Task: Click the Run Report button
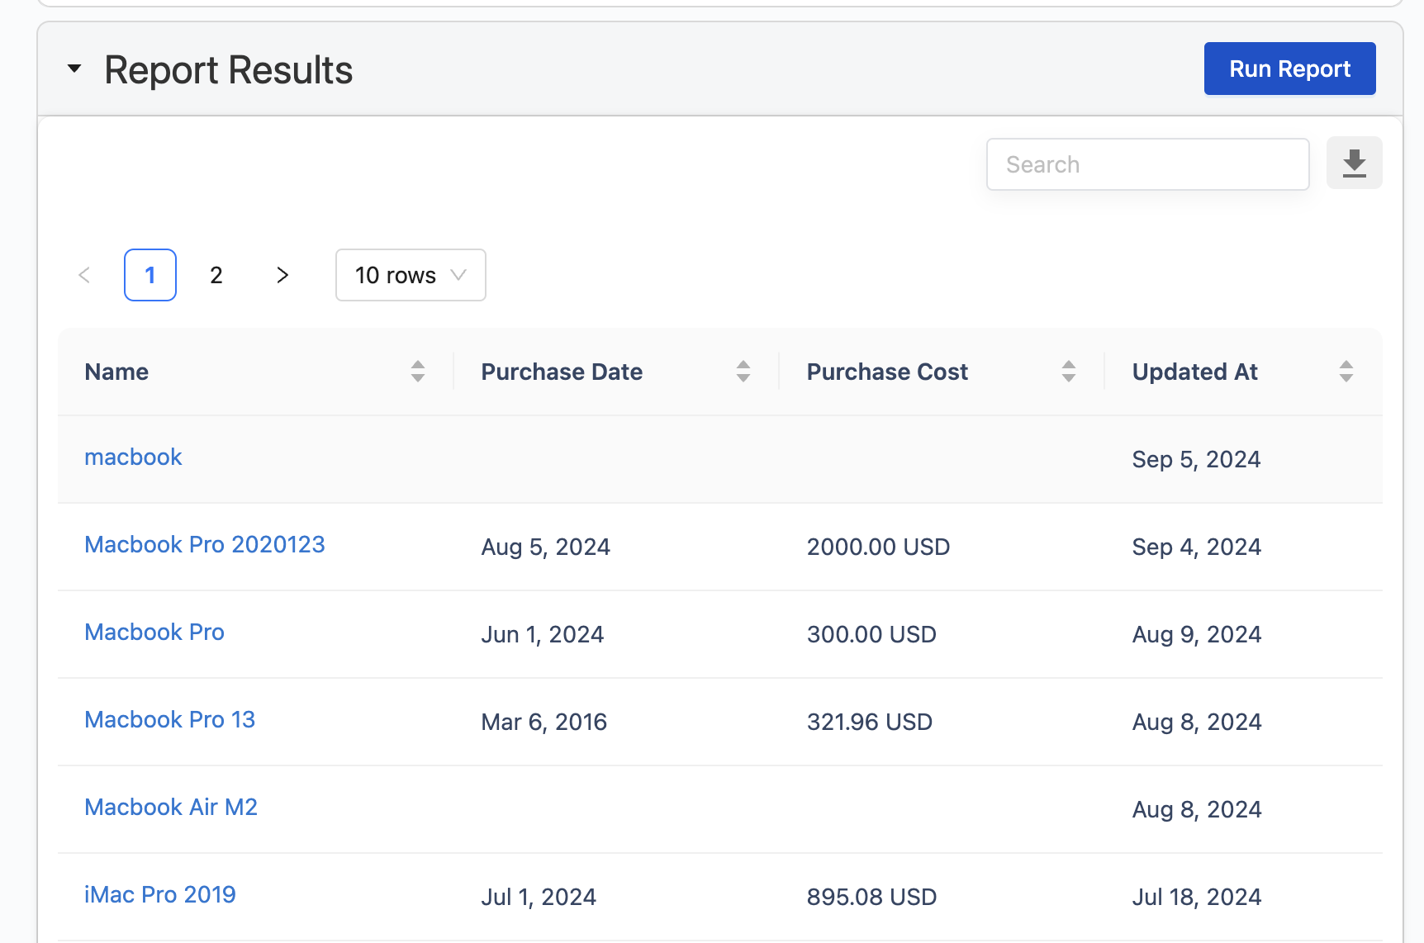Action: pos(1289,69)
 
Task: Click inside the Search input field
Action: pos(1147,164)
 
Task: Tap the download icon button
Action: pos(1354,163)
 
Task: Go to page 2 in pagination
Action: pos(216,275)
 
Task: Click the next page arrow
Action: pos(282,275)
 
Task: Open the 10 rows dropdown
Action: pos(411,275)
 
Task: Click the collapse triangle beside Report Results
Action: pos(74,69)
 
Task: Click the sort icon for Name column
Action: pos(418,372)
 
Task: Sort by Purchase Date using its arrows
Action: pos(743,372)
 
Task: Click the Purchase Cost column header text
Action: pos(887,372)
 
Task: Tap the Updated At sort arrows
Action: pos(1346,372)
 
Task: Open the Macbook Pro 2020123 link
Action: pos(205,544)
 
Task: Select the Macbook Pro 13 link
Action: pos(170,719)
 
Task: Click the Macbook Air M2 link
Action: pos(171,807)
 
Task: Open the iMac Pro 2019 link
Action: pos(160,894)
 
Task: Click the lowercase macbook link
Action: pos(133,457)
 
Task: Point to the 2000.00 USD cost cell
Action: pos(878,547)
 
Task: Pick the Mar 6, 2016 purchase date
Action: pos(544,722)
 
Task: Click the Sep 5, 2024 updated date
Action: pos(1196,459)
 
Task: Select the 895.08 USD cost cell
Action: pos(871,897)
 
